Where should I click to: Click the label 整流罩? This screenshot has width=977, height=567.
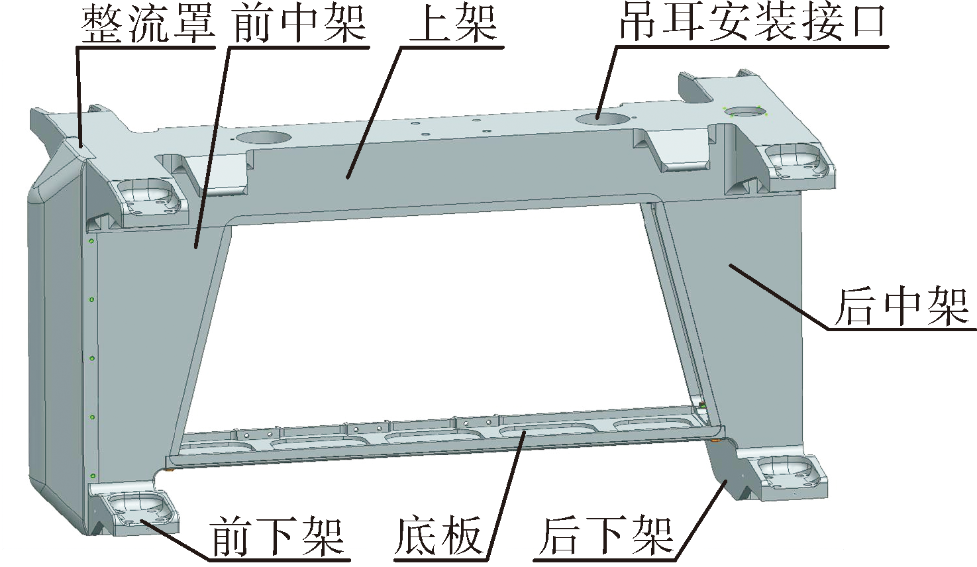point(149,24)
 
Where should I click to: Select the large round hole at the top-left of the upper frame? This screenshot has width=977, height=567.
point(262,138)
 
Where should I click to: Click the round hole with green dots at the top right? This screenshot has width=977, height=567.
point(745,112)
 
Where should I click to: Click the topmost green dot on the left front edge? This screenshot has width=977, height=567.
point(91,241)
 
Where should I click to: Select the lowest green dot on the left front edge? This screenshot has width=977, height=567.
point(92,475)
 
